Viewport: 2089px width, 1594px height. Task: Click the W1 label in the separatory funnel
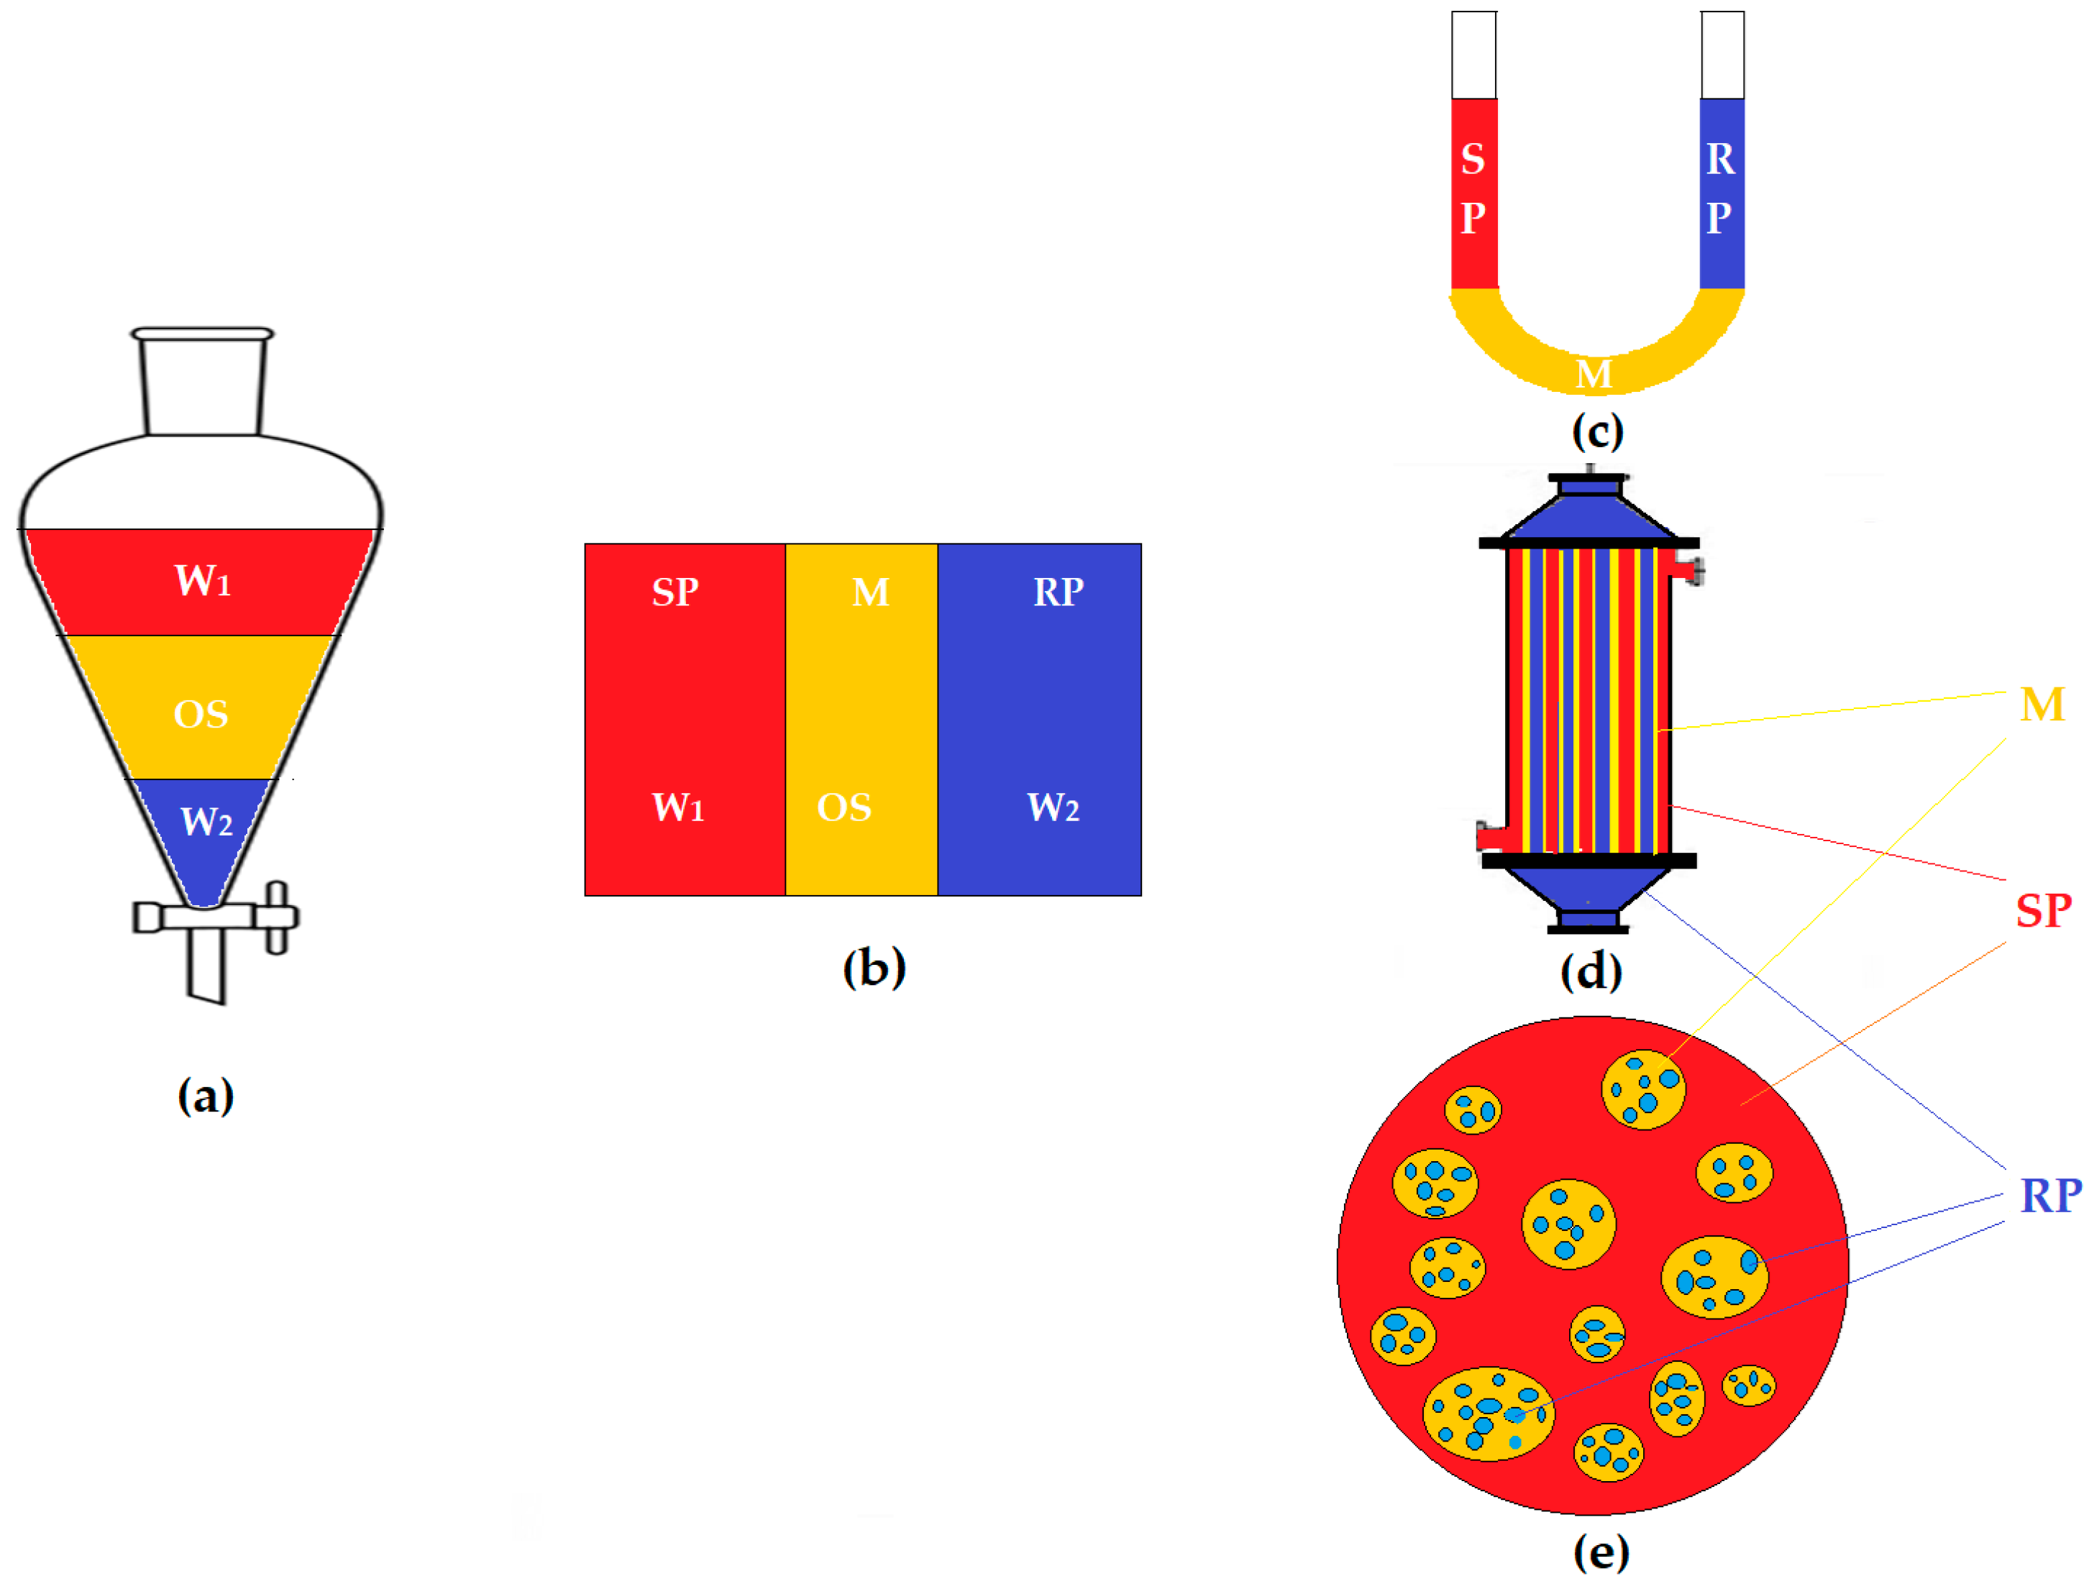click(202, 581)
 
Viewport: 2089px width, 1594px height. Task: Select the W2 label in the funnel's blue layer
click(206, 822)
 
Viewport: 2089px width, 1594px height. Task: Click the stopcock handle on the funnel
click(276, 917)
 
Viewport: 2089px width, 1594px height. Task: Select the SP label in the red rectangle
click(675, 592)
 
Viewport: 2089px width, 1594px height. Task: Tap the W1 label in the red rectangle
click(677, 807)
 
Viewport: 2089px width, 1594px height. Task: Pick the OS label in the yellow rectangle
click(844, 807)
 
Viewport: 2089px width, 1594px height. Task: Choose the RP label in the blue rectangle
click(1058, 592)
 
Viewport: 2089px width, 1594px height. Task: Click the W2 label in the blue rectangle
click(1053, 807)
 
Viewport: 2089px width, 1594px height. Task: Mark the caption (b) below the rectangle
click(874, 968)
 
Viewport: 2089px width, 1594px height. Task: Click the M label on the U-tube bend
click(1594, 374)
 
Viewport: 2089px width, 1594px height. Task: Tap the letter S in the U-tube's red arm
click(1472, 158)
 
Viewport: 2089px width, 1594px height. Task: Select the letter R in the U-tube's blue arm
click(1720, 158)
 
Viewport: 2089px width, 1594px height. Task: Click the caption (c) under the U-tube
click(1598, 431)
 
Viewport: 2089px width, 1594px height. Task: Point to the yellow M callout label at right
click(2042, 705)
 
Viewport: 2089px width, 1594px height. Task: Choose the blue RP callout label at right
click(2050, 1196)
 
